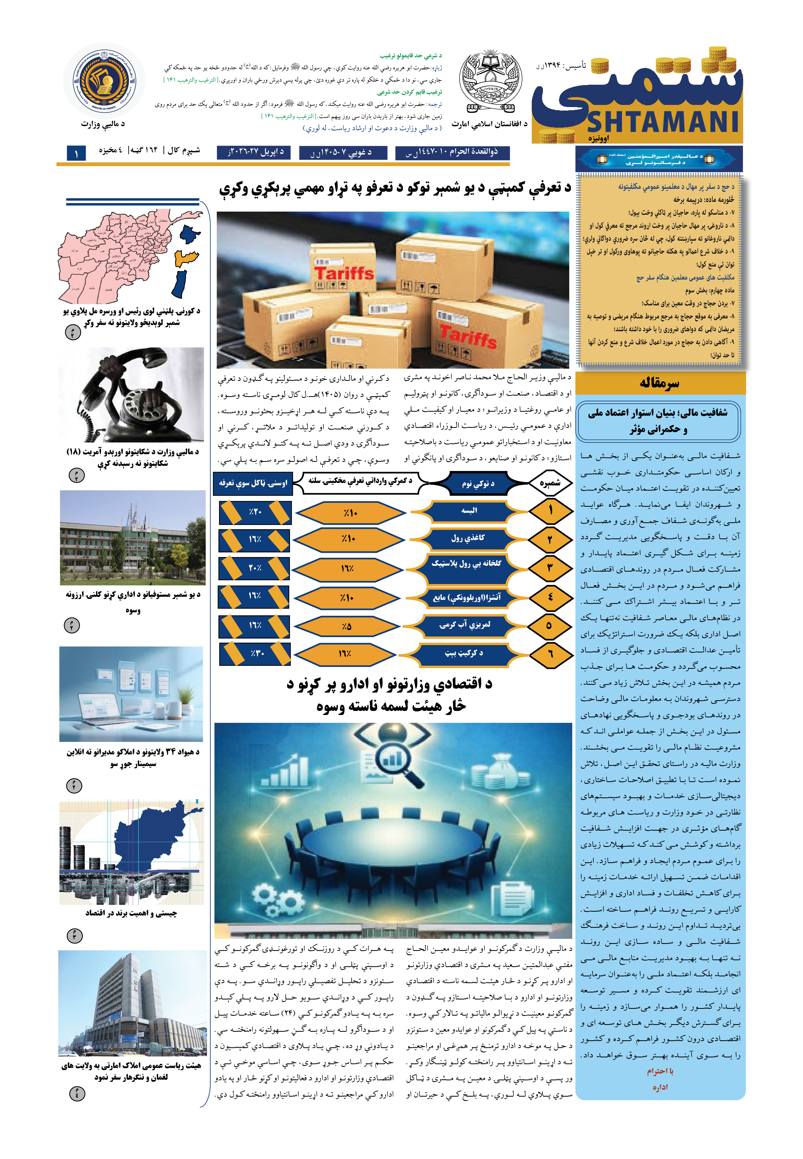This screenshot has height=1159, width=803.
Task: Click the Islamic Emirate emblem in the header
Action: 489,83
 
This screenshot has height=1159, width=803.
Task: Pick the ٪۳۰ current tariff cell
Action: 256,653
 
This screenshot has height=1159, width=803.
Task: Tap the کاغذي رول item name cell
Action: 468,538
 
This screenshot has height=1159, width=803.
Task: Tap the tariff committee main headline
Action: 395,188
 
